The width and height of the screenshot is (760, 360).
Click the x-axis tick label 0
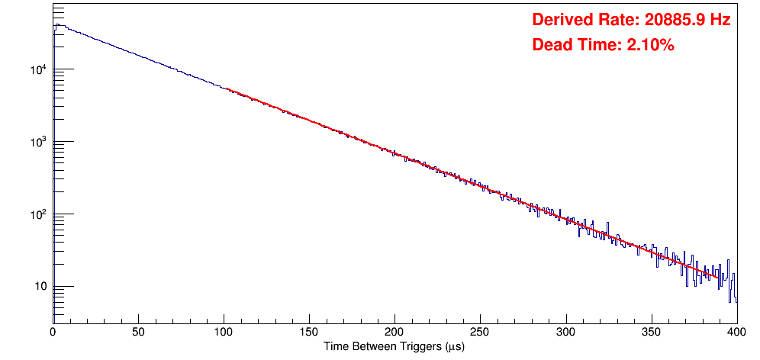click(52, 332)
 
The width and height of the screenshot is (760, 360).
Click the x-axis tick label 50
click(138, 332)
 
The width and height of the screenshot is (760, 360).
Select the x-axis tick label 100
click(224, 332)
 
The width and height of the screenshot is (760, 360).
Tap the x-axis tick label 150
click(309, 332)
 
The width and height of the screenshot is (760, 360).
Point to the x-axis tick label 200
click(394, 332)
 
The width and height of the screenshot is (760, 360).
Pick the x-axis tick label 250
click(480, 332)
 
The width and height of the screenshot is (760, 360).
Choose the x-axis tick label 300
click(565, 332)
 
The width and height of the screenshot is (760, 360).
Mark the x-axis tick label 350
click(651, 332)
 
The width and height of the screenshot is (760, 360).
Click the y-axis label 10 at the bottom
click(39, 287)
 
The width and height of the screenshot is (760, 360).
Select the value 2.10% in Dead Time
click(650, 46)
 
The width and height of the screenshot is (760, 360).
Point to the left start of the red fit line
click(227, 89)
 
